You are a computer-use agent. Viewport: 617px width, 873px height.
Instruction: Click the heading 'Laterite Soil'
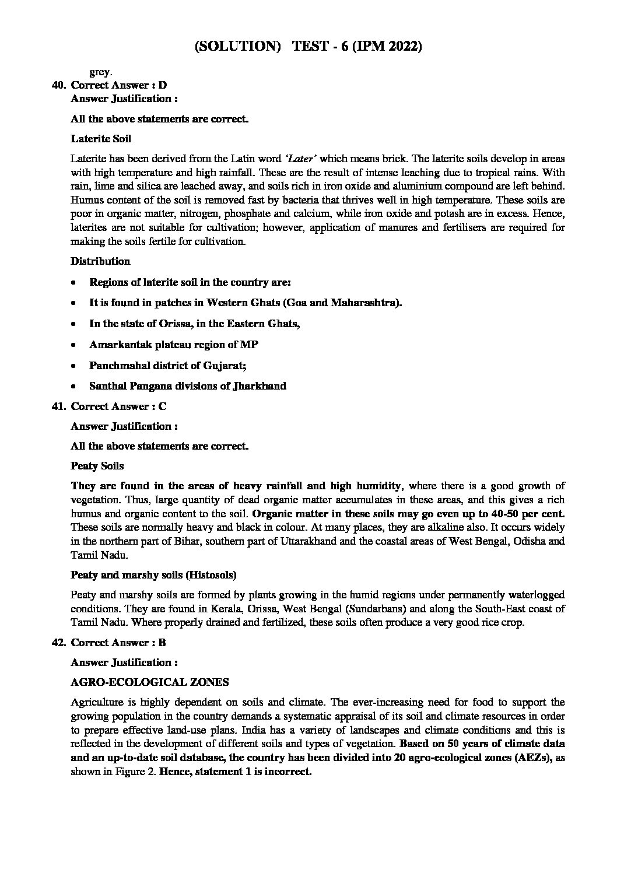coord(101,139)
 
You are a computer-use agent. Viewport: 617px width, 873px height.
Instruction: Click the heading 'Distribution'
coord(100,261)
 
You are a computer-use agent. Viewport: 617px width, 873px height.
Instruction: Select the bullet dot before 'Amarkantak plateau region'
coord(72,345)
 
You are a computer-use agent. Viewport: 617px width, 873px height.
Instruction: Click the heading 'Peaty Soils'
coord(97,466)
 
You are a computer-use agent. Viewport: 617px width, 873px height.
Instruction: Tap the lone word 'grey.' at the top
coord(100,73)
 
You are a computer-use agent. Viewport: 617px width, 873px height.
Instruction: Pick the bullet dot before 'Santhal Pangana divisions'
coord(72,387)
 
